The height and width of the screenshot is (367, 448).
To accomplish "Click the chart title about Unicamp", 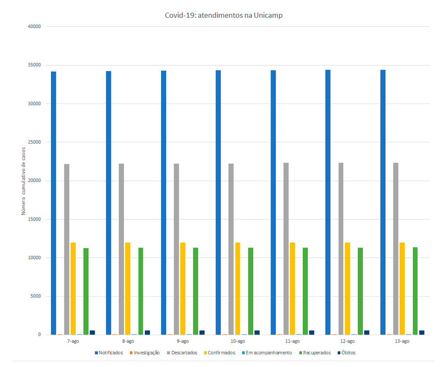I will coord(224,15).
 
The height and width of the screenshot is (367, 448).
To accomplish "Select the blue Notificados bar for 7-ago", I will coord(54,203).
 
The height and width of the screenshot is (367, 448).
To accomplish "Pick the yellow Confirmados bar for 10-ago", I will coord(238,289).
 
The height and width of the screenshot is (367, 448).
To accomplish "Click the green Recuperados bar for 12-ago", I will coord(360,291).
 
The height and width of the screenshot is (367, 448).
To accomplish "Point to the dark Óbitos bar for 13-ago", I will coord(422,333).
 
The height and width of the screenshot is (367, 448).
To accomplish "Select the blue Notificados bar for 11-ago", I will coord(273,202).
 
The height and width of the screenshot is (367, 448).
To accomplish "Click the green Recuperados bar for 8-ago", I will coord(141,291).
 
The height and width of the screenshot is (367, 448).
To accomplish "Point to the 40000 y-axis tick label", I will coord(34,27).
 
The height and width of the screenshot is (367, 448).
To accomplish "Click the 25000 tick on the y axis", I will coord(34,142).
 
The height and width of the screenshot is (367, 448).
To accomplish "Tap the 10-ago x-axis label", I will coord(237,341).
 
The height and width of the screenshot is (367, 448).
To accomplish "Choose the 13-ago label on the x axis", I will coord(402,341).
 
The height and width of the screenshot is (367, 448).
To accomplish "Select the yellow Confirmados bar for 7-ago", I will coord(73,289).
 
